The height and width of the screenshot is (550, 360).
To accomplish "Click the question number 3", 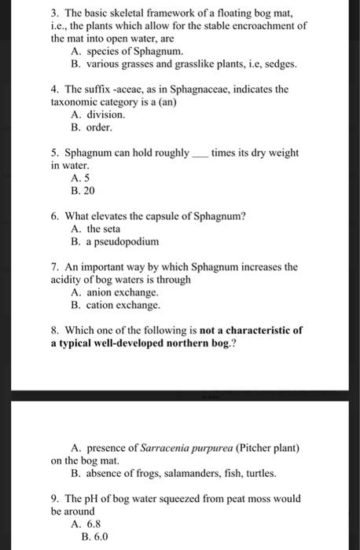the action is (x=55, y=13).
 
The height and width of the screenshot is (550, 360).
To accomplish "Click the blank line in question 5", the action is (x=200, y=155).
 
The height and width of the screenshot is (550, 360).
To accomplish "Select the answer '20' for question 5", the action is (x=94, y=190).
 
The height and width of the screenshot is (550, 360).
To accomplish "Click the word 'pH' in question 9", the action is (x=94, y=499).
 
